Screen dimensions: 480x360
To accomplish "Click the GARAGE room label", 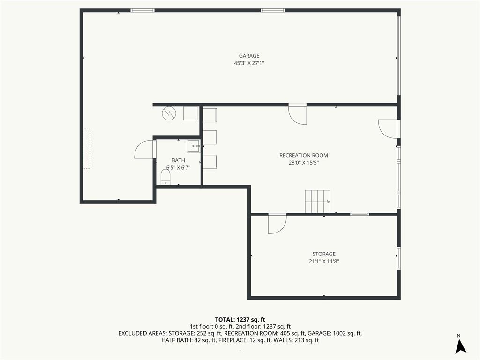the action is [x=249, y=56].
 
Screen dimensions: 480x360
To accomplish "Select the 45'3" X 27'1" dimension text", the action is [x=249, y=63].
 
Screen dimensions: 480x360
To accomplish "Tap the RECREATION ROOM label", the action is [x=304, y=155].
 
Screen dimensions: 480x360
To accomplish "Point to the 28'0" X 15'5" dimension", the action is [x=304, y=163].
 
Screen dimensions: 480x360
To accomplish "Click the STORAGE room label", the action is [x=324, y=254].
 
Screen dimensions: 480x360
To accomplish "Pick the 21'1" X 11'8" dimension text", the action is [x=324, y=262].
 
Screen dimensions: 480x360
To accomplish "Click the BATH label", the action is [x=178, y=160].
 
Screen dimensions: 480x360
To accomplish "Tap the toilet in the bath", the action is [x=165, y=177].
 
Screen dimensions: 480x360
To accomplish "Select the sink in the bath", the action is [x=194, y=146].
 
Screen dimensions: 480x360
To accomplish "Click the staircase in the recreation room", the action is [x=317, y=202].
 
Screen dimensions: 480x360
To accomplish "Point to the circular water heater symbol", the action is [x=169, y=113].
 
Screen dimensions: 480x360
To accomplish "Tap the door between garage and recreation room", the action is [x=298, y=114].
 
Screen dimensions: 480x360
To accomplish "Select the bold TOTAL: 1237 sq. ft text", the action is [x=240, y=320].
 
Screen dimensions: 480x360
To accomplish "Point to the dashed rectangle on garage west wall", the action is [x=88, y=149].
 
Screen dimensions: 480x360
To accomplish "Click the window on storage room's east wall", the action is [x=398, y=258].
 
